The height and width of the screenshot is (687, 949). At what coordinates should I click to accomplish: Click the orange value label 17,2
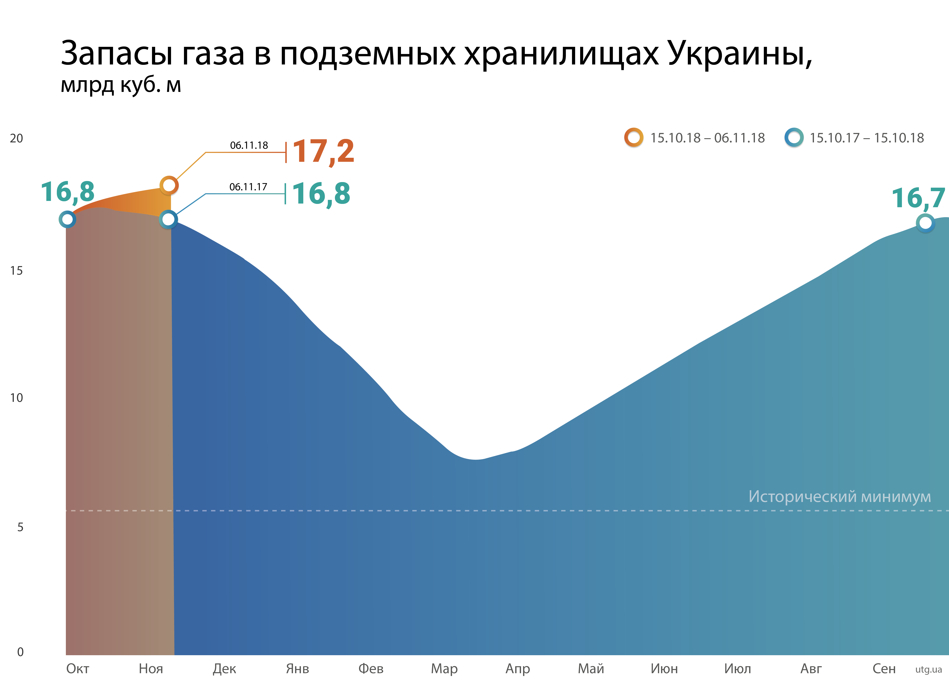tap(323, 151)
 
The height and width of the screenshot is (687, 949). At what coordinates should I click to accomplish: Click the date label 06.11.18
tap(249, 145)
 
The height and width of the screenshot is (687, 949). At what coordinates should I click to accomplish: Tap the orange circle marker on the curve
tap(169, 185)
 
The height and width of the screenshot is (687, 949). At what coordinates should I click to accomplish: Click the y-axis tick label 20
tap(16, 139)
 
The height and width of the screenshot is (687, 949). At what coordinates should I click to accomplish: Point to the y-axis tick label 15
tap(16, 271)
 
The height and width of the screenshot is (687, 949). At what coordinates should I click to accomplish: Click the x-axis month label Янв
tap(298, 669)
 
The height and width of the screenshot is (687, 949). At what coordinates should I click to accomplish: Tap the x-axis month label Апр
tap(518, 669)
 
